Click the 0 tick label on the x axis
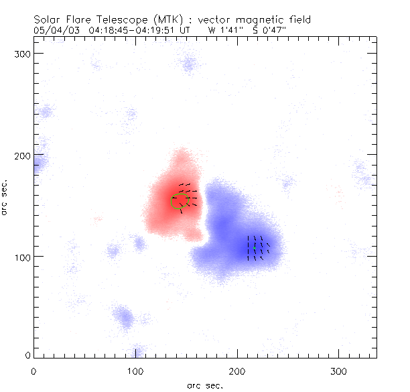pos(33,370)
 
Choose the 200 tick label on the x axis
pos(237,370)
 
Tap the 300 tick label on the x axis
pos(339,370)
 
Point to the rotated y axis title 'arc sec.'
pos(7,197)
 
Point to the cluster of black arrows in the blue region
pos(258,247)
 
